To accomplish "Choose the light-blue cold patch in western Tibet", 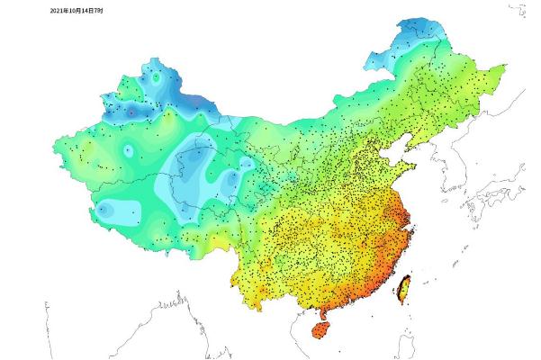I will coord(104,209).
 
